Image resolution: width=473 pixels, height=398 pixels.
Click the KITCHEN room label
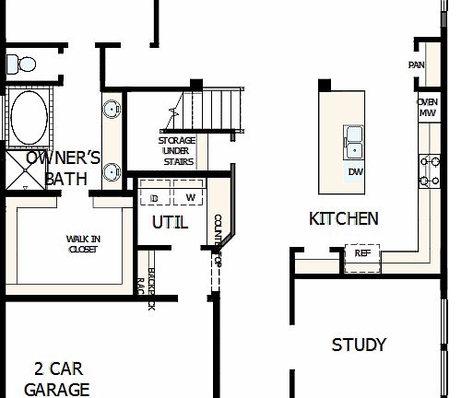coord(343,218)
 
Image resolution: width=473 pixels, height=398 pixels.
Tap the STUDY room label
coord(359,345)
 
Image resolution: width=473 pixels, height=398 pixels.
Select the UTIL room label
coord(170,222)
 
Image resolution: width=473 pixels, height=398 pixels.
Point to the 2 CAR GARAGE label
coord(57,379)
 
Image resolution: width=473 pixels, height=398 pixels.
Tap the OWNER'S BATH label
coord(62,167)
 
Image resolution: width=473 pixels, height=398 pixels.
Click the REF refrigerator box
coord(362,253)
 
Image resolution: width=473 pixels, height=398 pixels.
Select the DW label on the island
coord(355,172)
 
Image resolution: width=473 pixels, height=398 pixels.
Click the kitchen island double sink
coord(355,141)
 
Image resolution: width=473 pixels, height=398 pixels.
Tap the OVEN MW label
coord(427,107)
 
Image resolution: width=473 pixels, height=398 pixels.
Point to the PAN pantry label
coord(416,64)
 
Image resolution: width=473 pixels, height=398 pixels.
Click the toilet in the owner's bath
coord(18,64)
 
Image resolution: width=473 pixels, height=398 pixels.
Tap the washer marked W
coord(191,198)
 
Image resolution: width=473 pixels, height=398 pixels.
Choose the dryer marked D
coord(155,198)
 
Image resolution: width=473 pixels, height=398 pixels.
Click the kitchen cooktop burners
coord(431,170)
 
